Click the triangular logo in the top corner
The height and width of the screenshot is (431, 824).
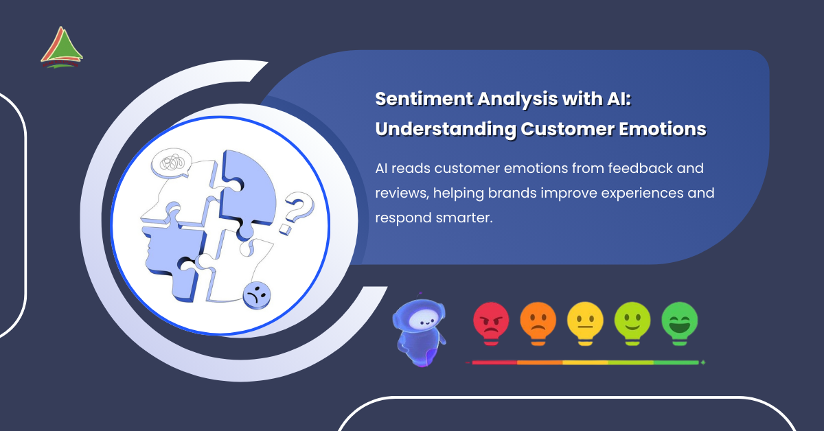61,47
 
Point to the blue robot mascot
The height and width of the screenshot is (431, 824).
419,330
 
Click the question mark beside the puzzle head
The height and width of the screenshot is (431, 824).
297,213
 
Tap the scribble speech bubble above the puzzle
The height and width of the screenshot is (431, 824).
172,163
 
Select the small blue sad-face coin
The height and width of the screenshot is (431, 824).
257,296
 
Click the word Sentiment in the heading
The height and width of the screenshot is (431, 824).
424,99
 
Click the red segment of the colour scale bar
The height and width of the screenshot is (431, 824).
494,362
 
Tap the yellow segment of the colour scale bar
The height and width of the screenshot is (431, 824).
585,362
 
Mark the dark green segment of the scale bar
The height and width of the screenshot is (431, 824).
676,362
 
